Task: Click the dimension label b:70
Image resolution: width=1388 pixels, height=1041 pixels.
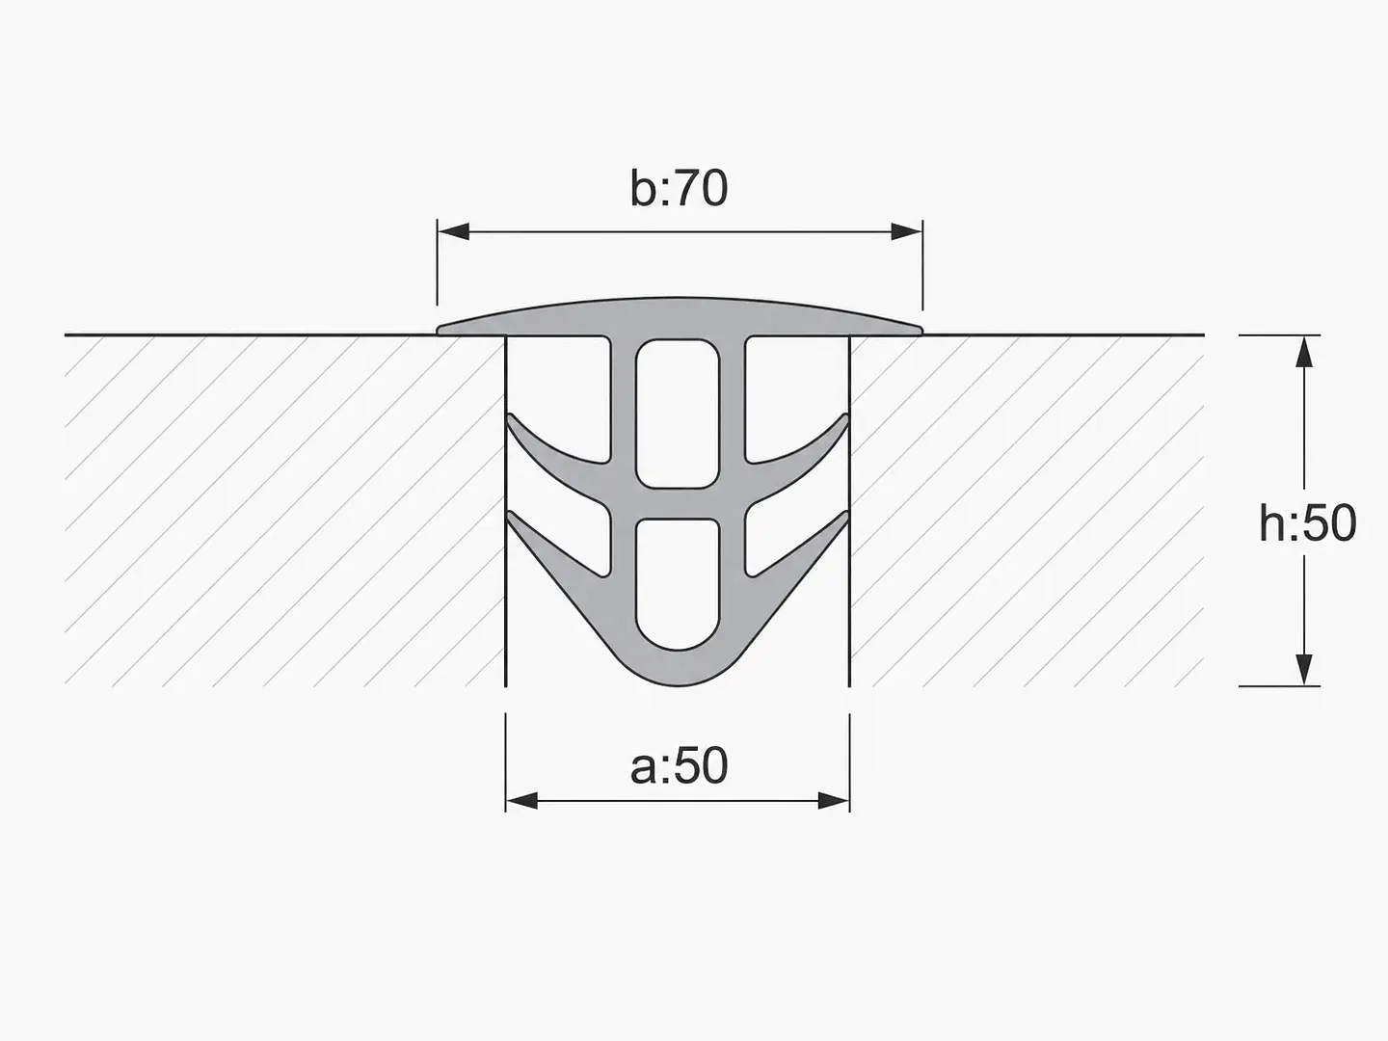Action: pyautogui.click(x=679, y=188)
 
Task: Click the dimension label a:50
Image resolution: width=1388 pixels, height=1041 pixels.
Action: pyautogui.click(x=679, y=765)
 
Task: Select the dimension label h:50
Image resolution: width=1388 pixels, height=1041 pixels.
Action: pyautogui.click(x=1307, y=523)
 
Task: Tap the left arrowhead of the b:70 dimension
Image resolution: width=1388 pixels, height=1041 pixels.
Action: pyautogui.click(x=453, y=232)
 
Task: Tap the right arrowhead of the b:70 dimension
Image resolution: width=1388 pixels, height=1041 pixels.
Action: pyautogui.click(x=907, y=232)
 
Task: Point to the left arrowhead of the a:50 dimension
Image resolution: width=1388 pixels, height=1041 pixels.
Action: pyautogui.click(x=521, y=801)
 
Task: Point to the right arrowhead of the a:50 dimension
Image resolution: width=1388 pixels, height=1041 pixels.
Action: pyautogui.click(x=834, y=801)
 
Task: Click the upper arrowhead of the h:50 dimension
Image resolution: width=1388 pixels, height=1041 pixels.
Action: pyautogui.click(x=1304, y=352)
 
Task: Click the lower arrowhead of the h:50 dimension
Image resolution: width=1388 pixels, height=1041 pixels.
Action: pyautogui.click(x=1304, y=669)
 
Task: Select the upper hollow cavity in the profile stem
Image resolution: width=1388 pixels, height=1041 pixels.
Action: pyautogui.click(x=678, y=414)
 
